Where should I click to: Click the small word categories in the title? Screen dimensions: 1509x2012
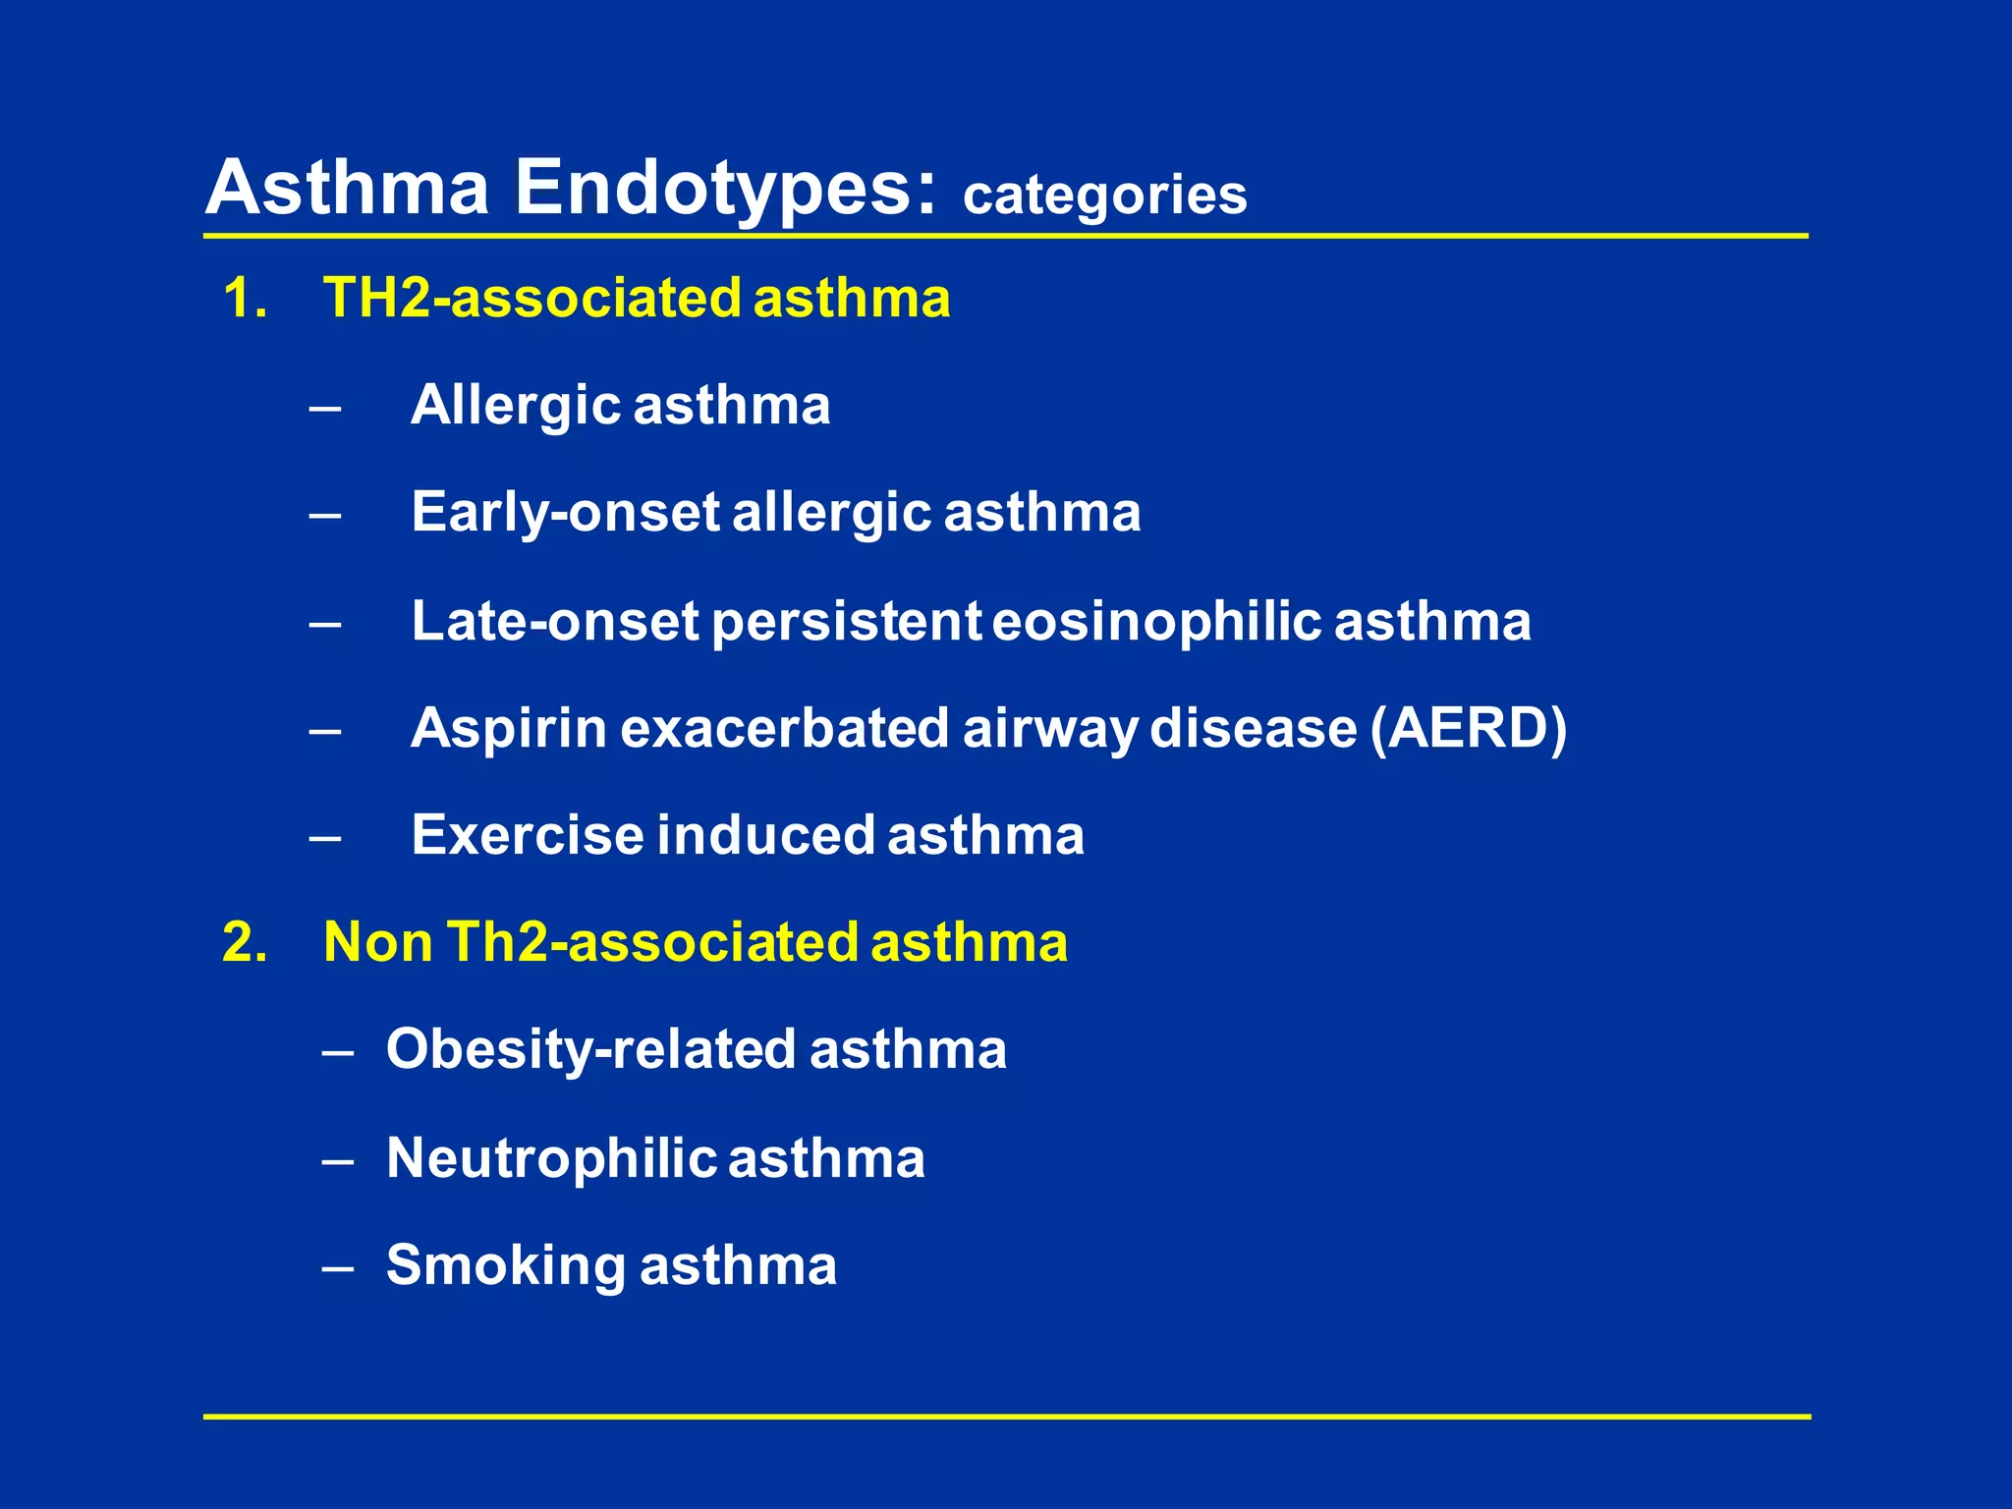tap(1104, 196)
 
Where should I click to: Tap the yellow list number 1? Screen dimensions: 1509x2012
tap(244, 298)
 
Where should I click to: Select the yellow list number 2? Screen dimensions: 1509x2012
tap(245, 941)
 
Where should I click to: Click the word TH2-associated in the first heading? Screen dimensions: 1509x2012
tap(531, 298)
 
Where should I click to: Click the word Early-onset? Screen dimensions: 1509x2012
tap(566, 513)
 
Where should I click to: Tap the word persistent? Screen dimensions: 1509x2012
tap(846, 622)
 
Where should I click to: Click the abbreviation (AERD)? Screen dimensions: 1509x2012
tap(1468, 729)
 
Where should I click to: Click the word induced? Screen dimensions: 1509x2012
tap(765, 835)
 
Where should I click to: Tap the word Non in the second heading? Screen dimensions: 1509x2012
tap(378, 941)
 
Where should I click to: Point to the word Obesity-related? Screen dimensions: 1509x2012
tap(590, 1049)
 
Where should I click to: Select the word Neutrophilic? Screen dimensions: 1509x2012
tap(551, 1158)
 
